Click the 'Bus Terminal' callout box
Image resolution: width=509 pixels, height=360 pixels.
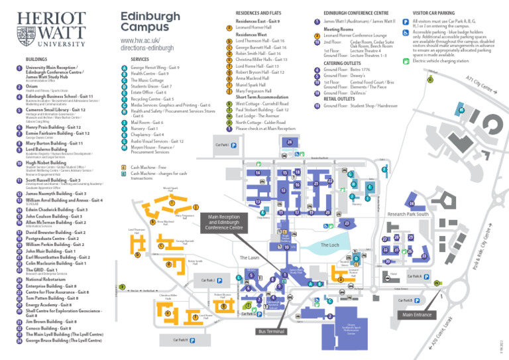[271, 331]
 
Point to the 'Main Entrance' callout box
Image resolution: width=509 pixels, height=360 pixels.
[415, 314]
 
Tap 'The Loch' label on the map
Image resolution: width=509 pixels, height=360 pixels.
[329, 245]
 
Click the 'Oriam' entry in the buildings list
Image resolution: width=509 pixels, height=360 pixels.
[32, 86]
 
